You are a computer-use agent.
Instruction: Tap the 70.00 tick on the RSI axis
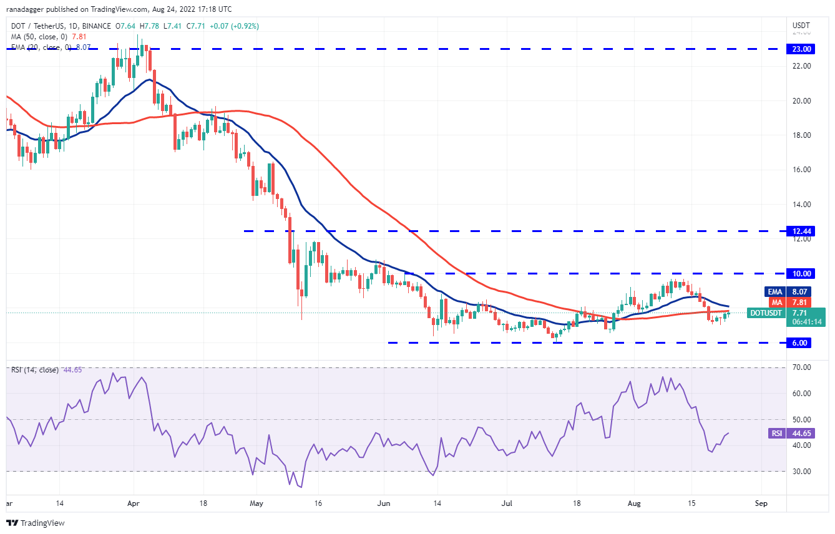point(801,367)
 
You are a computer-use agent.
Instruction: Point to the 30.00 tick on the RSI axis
point(801,471)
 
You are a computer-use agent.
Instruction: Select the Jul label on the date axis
point(506,502)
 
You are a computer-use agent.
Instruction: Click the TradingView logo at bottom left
point(36,523)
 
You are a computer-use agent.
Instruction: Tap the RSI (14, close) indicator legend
point(34,370)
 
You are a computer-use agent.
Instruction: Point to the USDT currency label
point(801,26)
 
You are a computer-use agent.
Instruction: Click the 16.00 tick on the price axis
point(801,170)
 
